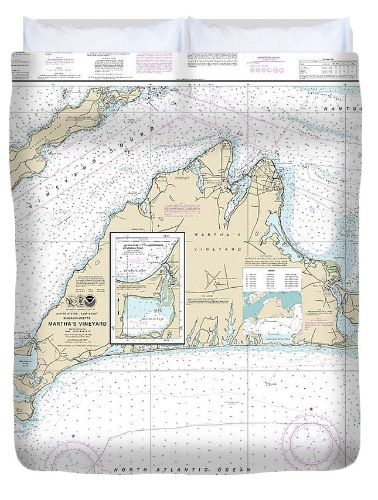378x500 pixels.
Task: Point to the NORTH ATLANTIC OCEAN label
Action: [182, 470]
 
